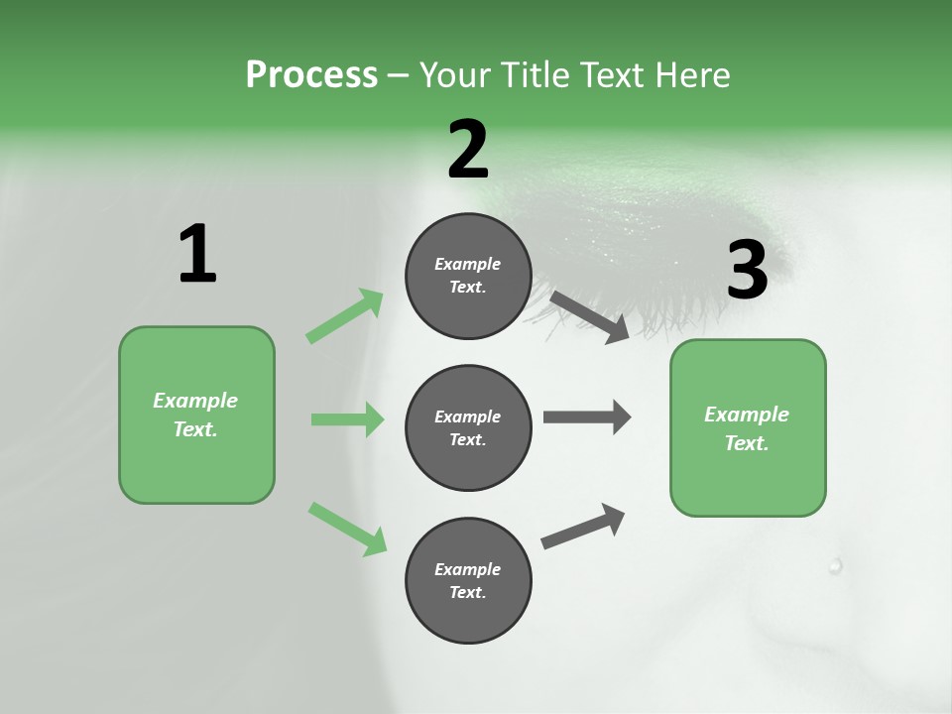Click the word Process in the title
click(311, 74)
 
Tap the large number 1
click(197, 255)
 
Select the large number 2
click(468, 151)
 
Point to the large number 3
click(747, 271)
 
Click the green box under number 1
click(196, 415)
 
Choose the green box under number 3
click(748, 428)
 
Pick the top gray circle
click(468, 276)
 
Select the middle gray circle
click(468, 427)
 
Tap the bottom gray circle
click(468, 580)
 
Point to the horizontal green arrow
click(347, 419)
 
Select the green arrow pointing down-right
click(347, 528)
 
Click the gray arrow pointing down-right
click(589, 316)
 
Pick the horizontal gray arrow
click(587, 416)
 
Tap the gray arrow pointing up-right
click(583, 526)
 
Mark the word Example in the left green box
click(195, 401)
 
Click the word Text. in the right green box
click(747, 443)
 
